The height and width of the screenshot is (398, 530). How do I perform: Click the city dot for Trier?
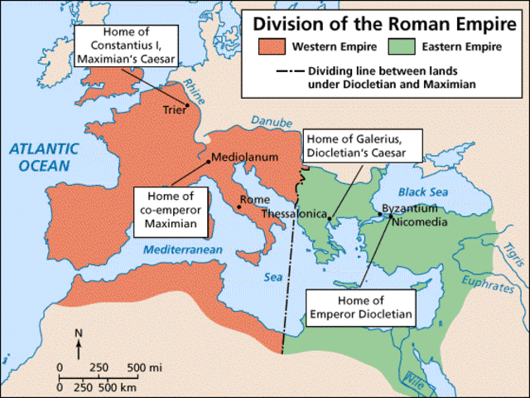click(188, 105)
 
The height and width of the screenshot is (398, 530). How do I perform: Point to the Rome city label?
click(254, 199)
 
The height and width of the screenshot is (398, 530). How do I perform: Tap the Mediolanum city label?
click(245, 156)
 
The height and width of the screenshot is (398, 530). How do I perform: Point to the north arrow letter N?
click(79, 333)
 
